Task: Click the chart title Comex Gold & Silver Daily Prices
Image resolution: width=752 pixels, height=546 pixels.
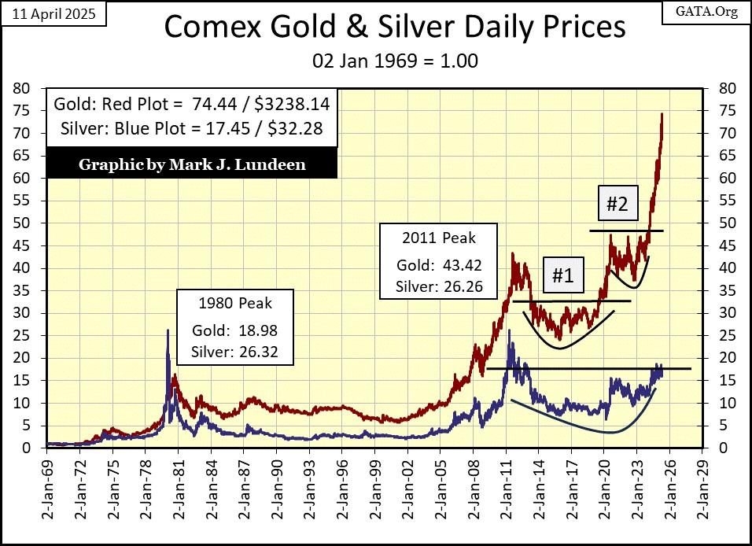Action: pyautogui.click(x=395, y=28)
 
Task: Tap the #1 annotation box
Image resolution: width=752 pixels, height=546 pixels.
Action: pyautogui.click(x=562, y=276)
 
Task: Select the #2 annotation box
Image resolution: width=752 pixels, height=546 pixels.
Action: pyautogui.click(x=617, y=205)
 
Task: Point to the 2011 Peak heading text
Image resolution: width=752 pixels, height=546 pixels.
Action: pyautogui.click(x=439, y=236)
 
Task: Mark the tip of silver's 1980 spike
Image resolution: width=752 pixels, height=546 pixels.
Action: pyautogui.click(x=168, y=330)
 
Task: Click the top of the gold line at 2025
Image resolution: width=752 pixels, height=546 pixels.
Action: pyautogui.click(x=662, y=115)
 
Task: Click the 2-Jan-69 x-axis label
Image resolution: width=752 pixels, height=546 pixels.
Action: pyautogui.click(x=47, y=492)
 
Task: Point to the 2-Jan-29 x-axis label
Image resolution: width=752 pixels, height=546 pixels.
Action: pyautogui.click(x=703, y=492)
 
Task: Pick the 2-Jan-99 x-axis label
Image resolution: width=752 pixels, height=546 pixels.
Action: pyautogui.click(x=375, y=492)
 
